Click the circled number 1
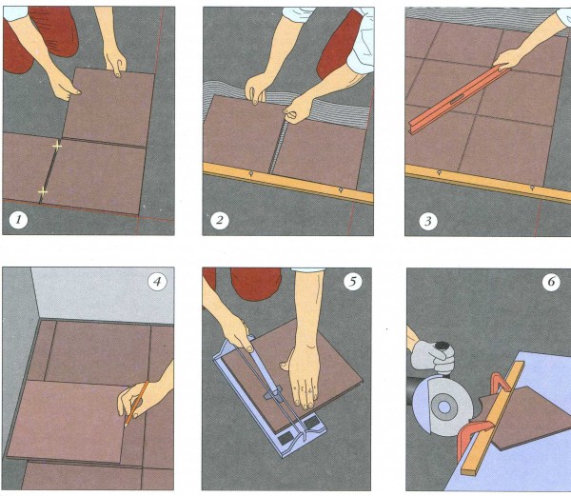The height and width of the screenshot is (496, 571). click(x=17, y=221)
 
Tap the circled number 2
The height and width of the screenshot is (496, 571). click(x=221, y=221)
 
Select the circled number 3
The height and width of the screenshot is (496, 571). click(x=424, y=221)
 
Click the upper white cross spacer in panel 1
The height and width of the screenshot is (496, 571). click(x=56, y=147)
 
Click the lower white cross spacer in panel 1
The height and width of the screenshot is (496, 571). click(x=42, y=193)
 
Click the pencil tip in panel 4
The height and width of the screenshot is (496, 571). click(x=125, y=421)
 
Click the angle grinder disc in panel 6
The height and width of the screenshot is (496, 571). click(x=442, y=406)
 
